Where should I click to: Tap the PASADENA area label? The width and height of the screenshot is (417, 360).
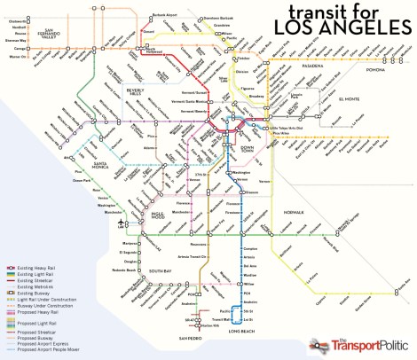pos(329,66)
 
